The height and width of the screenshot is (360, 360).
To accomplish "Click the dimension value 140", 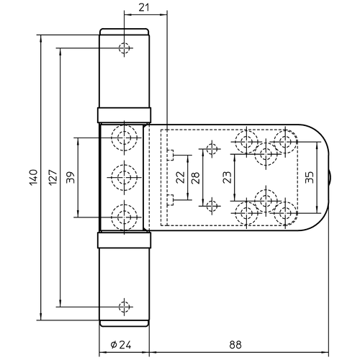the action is coord(34,177).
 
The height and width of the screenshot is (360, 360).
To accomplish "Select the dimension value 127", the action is coord(53,177).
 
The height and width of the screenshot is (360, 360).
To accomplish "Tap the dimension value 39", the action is coord(71,177).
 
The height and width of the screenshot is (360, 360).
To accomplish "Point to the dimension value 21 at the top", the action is coord(144,8).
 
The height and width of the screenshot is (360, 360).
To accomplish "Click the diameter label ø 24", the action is coord(121,345).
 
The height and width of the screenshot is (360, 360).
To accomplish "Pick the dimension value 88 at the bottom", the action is coord(235,345).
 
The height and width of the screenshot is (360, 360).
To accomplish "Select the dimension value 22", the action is coord(181,177).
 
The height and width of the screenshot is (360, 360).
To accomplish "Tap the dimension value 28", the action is coord(196,178).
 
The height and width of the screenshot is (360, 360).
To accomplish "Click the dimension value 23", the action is coord(228,177).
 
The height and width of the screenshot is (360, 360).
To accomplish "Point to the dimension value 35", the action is coord(310,177).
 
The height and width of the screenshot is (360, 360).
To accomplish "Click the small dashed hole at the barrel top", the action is coord(124,48).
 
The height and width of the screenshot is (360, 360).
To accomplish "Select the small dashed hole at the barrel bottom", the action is coord(124,307).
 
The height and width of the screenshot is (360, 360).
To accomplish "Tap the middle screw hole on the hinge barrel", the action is coord(124,177).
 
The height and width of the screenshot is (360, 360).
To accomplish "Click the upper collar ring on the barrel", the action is coord(124,115).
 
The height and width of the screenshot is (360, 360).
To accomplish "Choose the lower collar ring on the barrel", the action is coord(124,240).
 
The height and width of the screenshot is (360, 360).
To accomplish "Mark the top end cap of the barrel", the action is coord(124,32).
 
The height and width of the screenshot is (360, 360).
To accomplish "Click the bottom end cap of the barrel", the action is coord(124,323).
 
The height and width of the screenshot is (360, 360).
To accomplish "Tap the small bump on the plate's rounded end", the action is coord(330,177).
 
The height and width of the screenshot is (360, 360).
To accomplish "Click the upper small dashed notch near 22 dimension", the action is coord(170,155).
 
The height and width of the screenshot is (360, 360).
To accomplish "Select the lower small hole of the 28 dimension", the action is coord(212,206).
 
